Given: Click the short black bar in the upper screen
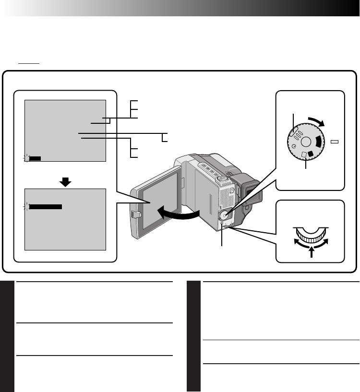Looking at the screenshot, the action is click(35, 157).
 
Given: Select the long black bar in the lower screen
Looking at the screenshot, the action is click(46, 207).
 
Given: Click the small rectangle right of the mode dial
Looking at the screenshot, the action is click(335, 142).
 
